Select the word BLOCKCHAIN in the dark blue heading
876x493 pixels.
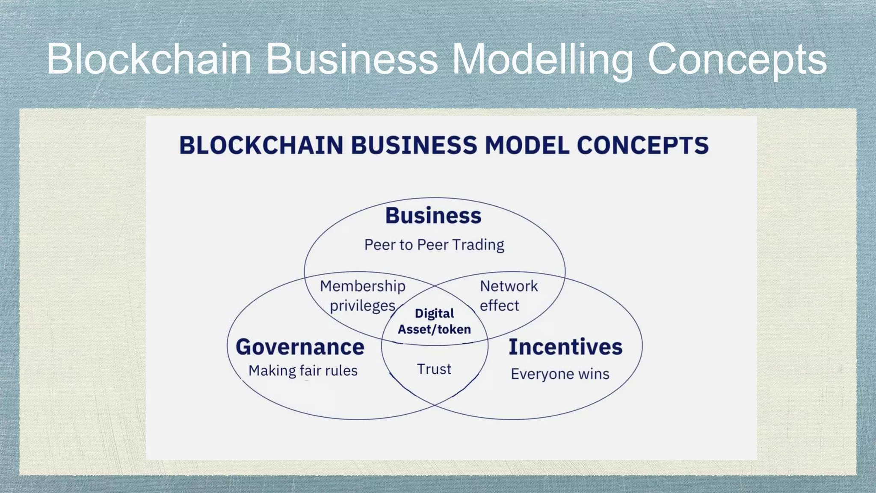[x=261, y=145]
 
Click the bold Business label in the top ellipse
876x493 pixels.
[x=433, y=215]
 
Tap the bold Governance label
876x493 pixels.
[x=300, y=347]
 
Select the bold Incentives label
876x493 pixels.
[x=565, y=347]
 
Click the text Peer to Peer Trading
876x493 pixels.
[x=434, y=245]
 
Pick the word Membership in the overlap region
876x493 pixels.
[x=363, y=286]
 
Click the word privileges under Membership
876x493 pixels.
[x=363, y=306]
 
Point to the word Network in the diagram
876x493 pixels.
[x=509, y=286]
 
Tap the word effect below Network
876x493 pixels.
[x=499, y=306]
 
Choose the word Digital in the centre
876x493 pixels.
[x=434, y=313]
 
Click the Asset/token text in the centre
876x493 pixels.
[x=434, y=329]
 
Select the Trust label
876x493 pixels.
[x=434, y=369]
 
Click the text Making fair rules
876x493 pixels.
[x=303, y=371]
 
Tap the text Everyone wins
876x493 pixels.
[x=560, y=374]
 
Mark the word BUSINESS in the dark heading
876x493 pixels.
[x=414, y=145]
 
